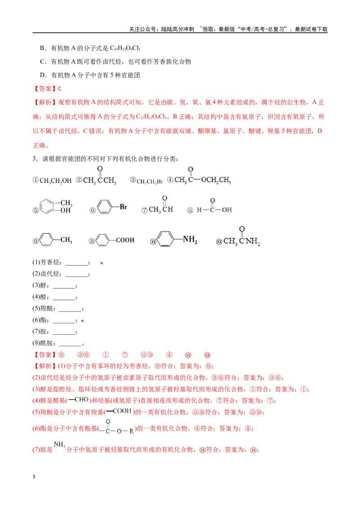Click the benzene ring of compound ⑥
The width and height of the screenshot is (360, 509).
[x=104, y=207]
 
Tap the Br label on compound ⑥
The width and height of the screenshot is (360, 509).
[x=123, y=207]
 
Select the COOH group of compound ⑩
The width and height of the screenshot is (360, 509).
[x=125, y=240]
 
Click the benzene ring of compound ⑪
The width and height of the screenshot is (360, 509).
[x=165, y=240]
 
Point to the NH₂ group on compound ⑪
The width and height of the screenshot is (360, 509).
[x=190, y=240]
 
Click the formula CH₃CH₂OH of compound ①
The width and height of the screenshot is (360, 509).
[x=55, y=181]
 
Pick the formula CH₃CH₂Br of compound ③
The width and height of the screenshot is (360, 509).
[x=149, y=182]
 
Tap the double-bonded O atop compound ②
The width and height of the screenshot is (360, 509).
[x=100, y=169]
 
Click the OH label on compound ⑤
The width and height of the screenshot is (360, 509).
[x=65, y=210]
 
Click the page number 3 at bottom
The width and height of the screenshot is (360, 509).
[x=34, y=477]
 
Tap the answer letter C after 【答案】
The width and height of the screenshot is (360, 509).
[x=60, y=89]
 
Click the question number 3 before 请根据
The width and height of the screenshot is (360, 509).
[x=35, y=159]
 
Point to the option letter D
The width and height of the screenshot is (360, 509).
[x=42, y=75]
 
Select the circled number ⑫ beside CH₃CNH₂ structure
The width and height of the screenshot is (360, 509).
[x=219, y=242]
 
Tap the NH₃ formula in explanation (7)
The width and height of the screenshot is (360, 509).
[x=59, y=444]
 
